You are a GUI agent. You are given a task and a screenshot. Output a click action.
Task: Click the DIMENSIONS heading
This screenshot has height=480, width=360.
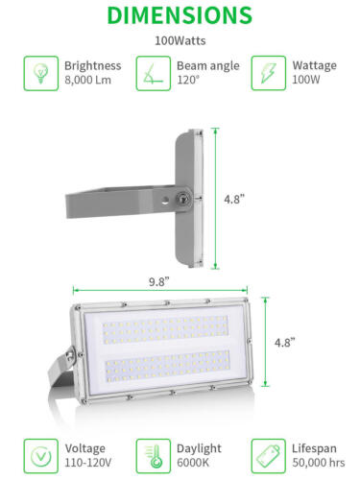click(180, 15)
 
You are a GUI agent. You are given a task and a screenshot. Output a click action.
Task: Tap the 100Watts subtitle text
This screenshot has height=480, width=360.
click(180, 41)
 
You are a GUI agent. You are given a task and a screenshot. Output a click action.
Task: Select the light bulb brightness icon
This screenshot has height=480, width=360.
click(40, 72)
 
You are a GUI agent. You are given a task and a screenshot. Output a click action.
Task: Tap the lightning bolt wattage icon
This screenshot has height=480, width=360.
click(268, 72)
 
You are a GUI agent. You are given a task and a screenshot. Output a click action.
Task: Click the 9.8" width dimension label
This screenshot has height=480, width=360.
click(159, 281)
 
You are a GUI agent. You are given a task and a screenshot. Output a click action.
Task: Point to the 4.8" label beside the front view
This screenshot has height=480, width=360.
click(285, 342)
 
